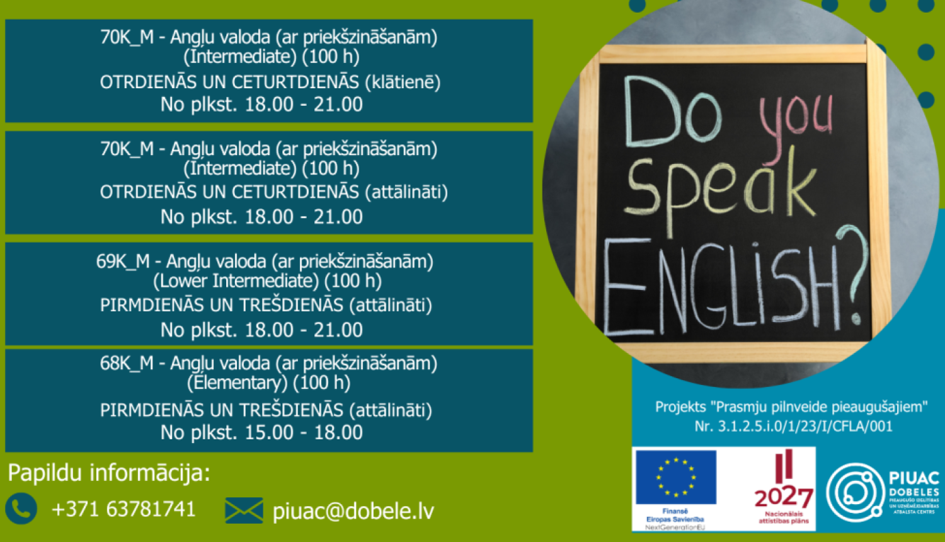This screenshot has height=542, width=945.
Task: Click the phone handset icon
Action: coord(21,509)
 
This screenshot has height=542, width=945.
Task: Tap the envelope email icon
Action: coord(244,510)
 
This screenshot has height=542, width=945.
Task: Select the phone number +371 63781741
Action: coord(123,509)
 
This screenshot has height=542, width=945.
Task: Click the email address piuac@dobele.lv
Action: coord(353,510)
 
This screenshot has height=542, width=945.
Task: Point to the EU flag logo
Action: coord(675,477)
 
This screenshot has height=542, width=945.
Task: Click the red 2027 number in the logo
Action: coord(784,497)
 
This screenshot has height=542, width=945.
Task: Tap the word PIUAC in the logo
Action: coord(913,478)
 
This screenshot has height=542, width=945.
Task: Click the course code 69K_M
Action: coord(123,262)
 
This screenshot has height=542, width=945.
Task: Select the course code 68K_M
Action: coord(127,363)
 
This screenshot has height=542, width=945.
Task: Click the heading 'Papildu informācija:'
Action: coord(109,473)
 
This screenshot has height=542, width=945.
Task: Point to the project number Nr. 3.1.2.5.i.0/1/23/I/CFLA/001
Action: coord(793,427)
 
